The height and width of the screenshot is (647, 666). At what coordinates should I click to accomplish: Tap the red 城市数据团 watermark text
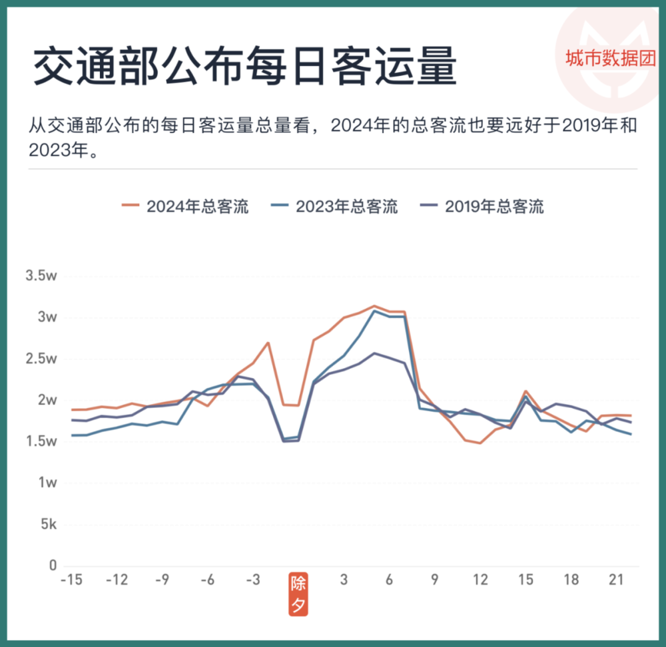tap(610, 58)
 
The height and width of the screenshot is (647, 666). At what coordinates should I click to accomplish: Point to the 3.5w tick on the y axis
tap(41, 276)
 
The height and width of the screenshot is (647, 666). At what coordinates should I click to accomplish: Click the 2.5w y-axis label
tap(41, 359)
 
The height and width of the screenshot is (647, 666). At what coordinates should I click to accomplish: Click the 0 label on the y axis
tap(52, 566)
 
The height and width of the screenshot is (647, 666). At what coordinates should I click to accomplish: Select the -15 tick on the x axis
tap(71, 580)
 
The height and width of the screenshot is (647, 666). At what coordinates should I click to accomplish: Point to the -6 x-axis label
tap(207, 580)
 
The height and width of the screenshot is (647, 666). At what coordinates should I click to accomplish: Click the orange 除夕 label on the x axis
tap(298, 594)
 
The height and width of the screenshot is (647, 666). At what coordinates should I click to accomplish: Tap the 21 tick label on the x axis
tap(616, 580)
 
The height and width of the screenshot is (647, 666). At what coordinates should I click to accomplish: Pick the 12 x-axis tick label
tap(480, 580)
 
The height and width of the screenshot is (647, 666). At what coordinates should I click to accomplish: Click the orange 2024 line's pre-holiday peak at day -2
tap(268, 343)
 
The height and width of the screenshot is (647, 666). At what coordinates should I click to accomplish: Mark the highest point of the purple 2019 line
tap(374, 353)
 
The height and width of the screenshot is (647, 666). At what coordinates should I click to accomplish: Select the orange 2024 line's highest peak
tap(374, 306)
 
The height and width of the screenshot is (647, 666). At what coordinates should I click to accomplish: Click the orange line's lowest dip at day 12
tap(480, 443)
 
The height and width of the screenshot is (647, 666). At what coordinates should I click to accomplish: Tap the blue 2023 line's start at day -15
tap(72, 435)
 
